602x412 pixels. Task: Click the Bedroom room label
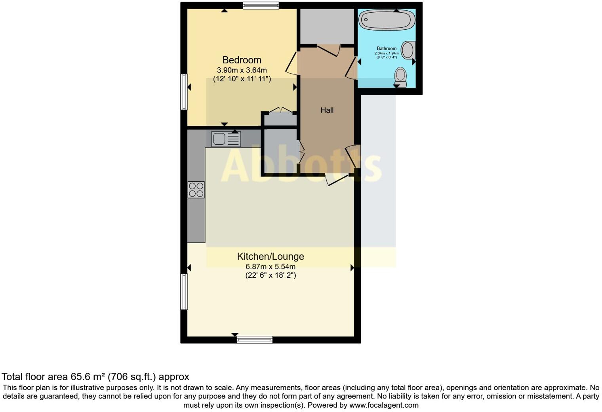point(242,60)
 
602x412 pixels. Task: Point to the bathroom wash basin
point(408,50)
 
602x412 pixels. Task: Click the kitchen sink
point(226,139)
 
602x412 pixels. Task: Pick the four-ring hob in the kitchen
point(196,190)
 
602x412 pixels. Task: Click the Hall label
point(327,111)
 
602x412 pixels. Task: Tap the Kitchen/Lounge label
point(271,256)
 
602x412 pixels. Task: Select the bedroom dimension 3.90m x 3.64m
point(242,71)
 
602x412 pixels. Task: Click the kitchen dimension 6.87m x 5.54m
point(271,267)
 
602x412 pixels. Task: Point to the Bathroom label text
point(387,49)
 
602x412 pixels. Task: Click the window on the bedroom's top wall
point(261,6)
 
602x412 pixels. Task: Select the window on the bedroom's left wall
point(184,92)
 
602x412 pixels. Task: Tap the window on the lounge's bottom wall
point(255,340)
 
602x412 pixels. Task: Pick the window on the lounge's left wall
point(184,292)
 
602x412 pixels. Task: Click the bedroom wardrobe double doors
point(280,110)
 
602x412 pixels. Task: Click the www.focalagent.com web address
point(384,405)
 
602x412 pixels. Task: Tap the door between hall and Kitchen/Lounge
point(337,179)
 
